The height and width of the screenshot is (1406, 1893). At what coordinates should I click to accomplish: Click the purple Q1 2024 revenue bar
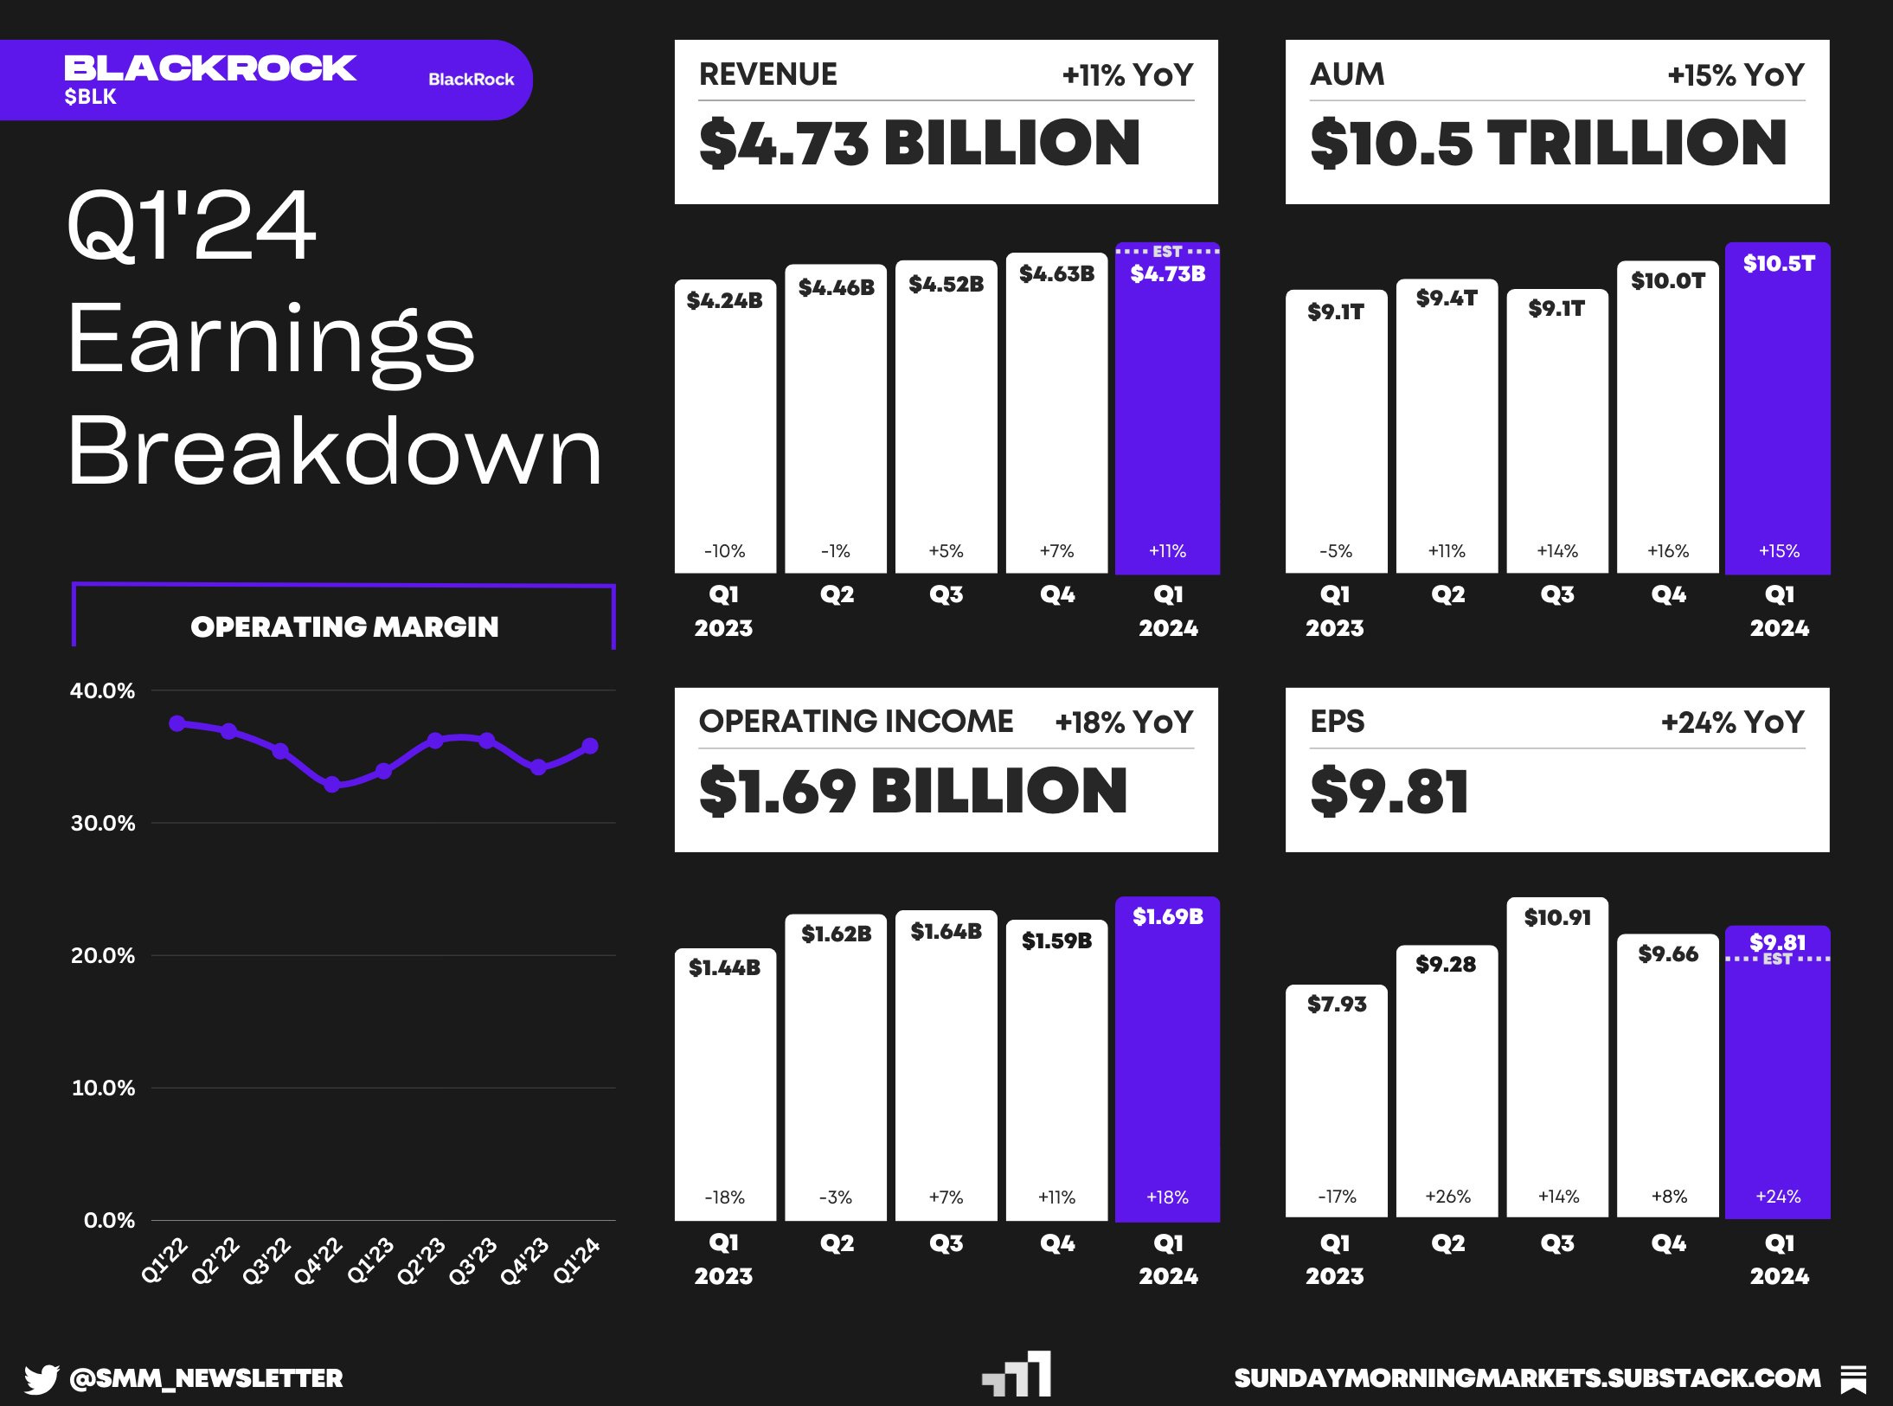coord(1167,415)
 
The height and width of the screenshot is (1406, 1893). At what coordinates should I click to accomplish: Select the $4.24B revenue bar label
coord(724,300)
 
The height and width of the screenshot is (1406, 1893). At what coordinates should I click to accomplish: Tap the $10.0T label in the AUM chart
coord(1667,280)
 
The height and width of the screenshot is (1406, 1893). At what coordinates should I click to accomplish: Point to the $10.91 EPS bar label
coord(1557,917)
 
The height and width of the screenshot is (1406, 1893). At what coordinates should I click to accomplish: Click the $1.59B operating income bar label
coord(1056,941)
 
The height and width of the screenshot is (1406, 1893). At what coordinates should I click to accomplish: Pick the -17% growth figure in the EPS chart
coord(1337,1197)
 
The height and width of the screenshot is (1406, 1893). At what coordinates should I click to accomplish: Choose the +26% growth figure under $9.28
coord(1447,1197)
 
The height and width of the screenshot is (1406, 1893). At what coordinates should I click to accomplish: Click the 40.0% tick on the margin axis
coord(102,690)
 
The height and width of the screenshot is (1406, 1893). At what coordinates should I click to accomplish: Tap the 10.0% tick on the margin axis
coord(102,1088)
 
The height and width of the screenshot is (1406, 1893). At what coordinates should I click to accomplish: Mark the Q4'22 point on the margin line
coord(332,785)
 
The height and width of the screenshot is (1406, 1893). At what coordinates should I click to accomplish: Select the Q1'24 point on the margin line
coord(590,746)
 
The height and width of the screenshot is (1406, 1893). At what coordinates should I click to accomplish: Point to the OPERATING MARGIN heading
coord(344,626)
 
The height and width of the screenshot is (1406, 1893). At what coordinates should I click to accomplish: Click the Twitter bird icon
coord(41,1378)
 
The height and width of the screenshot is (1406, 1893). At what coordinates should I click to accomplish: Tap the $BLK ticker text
coord(90,97)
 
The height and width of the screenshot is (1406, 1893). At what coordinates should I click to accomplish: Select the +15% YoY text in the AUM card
coord(1736,75)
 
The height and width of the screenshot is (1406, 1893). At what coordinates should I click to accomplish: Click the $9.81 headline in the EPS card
coord(1389,791)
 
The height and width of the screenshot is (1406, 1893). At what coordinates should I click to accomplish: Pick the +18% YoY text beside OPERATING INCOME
coord(1124,722)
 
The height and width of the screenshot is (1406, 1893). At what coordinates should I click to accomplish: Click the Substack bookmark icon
coord(1853,1378)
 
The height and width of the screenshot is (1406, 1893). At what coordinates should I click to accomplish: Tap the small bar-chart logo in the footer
coord(1017,1375)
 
